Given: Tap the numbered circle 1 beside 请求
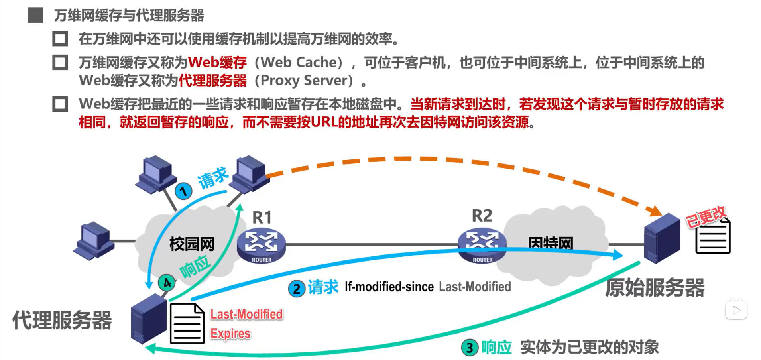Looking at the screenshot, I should [x=183, y=191].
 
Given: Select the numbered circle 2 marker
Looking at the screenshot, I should [x=297, y=289].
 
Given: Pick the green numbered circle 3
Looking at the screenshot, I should [x=470, y=348].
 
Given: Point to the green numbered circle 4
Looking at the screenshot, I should [x=167, y=283].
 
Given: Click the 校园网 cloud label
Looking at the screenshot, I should [x=192, y=244].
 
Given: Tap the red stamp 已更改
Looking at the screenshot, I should [x=706, y=216].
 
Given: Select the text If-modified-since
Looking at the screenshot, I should [x=389, y=287].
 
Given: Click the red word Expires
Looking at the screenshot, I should [x=230, y=333].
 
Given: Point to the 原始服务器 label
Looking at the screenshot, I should [x=655, y=288].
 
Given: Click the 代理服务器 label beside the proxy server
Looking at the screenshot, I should [x=62, y=320].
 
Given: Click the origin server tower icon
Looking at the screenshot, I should [x=662, y=238].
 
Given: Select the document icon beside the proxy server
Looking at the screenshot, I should [x=187, y=324].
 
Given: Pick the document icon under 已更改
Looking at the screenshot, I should [x=713, y=237].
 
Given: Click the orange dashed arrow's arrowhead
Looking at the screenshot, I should [x=654, y=210].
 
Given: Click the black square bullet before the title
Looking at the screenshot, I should [x=35, y=15].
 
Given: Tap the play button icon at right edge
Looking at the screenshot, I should [x=736, y=310].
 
